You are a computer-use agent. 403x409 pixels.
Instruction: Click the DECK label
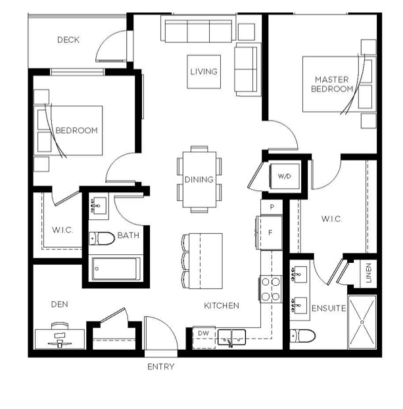point(68,40)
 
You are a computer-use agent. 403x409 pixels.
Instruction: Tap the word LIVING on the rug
point(204,72)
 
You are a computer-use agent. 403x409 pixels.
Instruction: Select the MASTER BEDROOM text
point(332,84)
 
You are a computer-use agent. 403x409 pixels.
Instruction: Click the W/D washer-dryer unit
point(284,177)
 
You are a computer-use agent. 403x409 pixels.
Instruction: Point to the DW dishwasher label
point(204,333)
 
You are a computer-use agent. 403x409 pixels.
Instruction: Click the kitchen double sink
point(231,337)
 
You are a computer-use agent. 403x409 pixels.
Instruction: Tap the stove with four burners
point(271,289)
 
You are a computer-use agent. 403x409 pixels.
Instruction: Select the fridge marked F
point(271,232)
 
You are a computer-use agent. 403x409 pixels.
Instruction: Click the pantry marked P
point(272,207)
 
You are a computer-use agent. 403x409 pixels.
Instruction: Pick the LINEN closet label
point(369,273)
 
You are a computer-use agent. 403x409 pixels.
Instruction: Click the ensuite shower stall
point(362,322)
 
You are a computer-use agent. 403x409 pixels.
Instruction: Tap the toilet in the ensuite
point(302,336)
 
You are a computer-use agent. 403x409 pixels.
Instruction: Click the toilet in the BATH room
point(101,238)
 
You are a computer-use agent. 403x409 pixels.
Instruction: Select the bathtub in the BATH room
point(116,269)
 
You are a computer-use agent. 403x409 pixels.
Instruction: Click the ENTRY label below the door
point(160,367)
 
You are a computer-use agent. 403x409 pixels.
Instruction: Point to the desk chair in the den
point(60,326)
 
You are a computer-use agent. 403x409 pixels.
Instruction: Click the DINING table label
point(199,179)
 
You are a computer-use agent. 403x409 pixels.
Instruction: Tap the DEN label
point(60,304)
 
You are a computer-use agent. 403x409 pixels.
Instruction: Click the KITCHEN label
point(222,306)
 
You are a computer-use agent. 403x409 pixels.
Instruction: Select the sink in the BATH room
point(99,205)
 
